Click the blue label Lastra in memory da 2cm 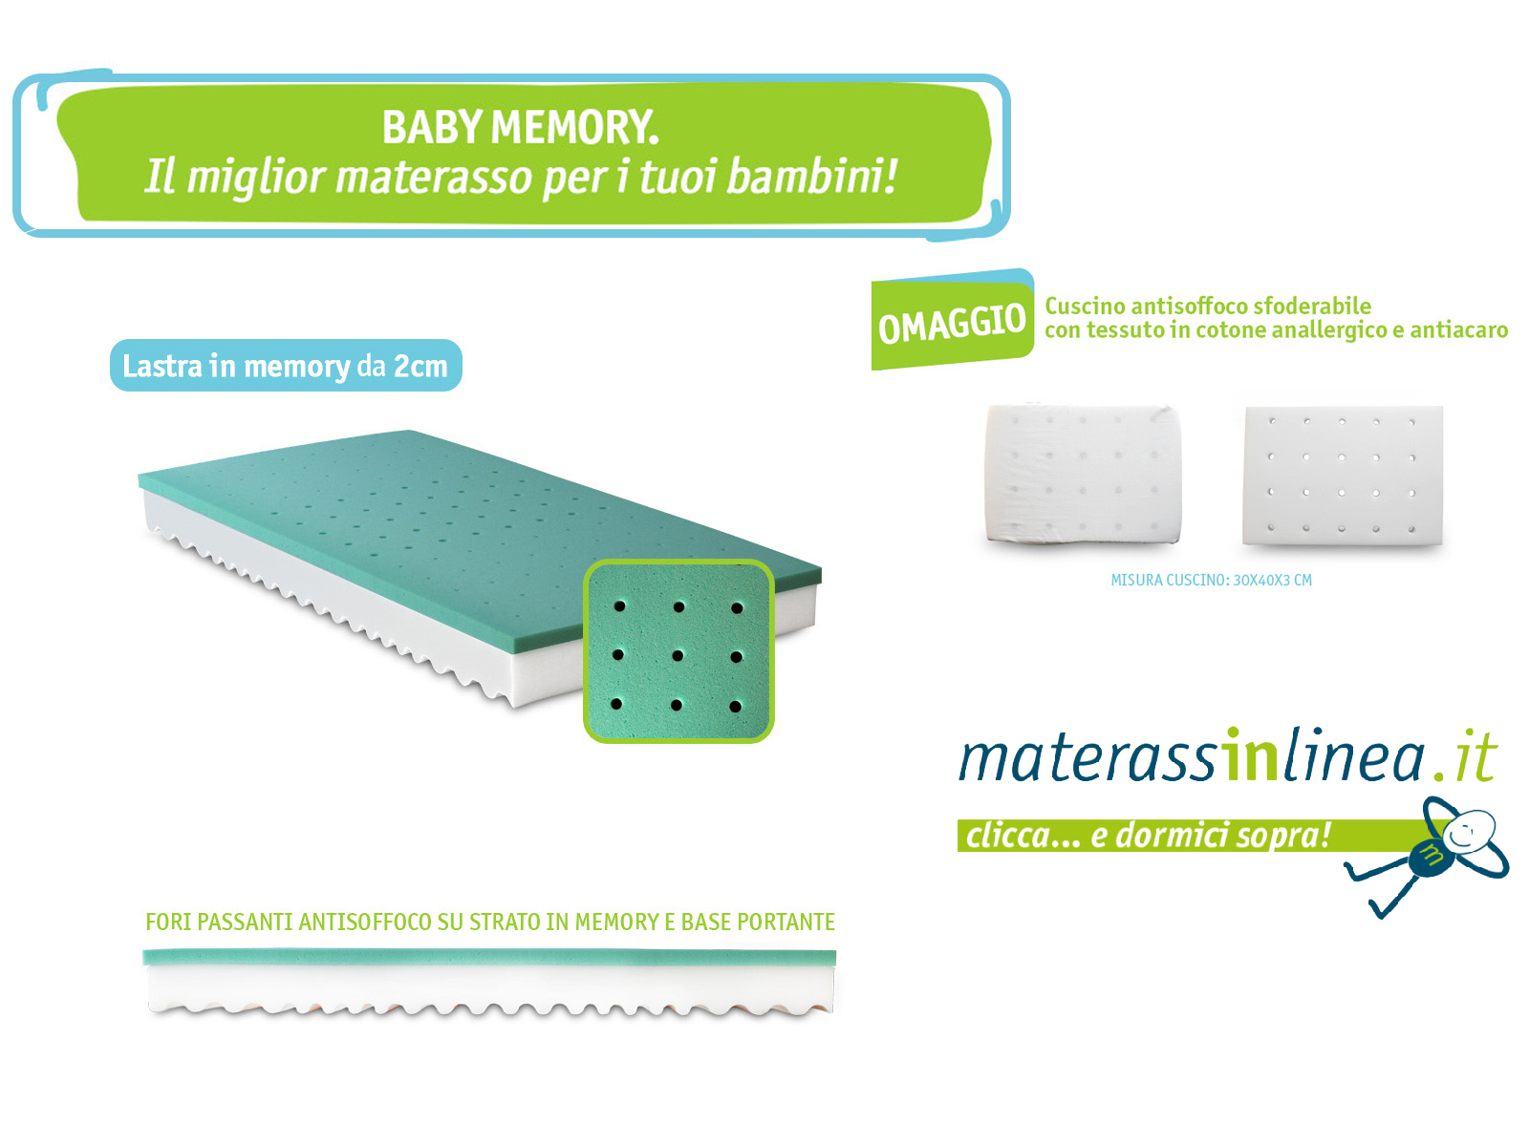286,366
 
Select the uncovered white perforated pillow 1343,476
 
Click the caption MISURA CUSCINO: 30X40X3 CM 1211,581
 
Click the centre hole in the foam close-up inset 678,655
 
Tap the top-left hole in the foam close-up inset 619,606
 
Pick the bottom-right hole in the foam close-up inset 735,707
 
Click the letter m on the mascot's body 1432,855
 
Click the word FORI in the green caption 168,922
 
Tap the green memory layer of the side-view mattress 489,958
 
